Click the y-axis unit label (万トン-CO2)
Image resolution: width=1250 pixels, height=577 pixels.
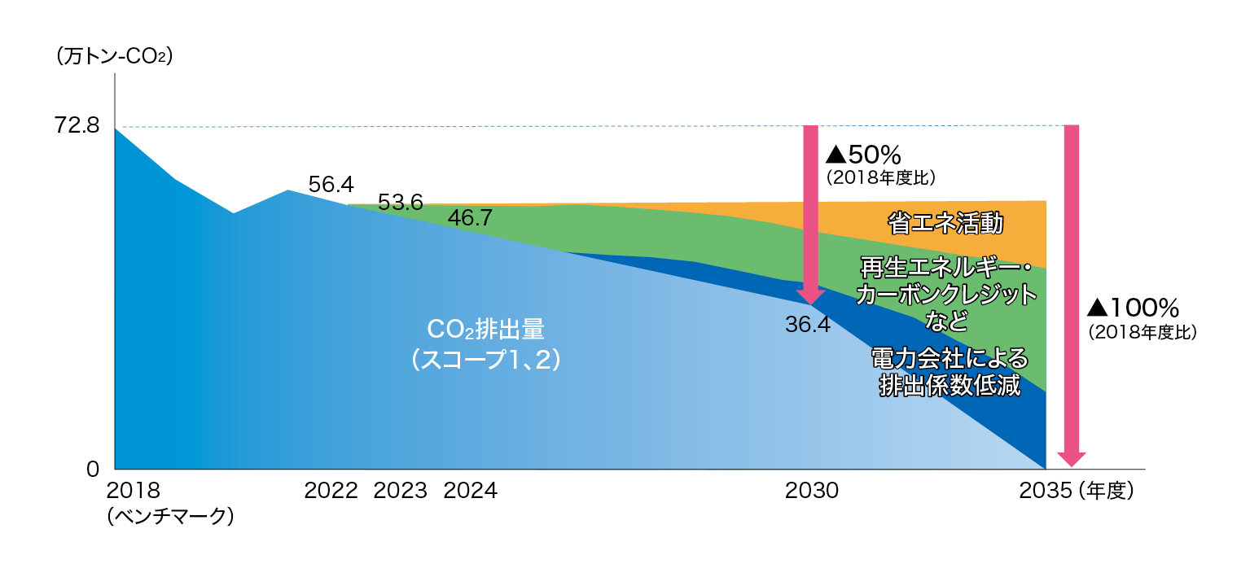pos(114,56)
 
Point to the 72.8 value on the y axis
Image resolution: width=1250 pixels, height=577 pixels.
pos(77,125)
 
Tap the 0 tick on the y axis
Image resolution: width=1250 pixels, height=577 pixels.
pos(93,470)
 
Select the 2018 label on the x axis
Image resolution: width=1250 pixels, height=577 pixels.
pos(134,491)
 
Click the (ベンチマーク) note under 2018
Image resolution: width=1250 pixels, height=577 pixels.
pos(170,516)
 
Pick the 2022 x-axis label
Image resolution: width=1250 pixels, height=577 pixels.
pos(331,491)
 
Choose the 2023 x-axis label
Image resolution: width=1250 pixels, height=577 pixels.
pos(400,491)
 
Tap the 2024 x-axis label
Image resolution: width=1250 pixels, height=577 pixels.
pos(471,491)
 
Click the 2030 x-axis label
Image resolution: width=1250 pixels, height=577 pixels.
pos(812,491)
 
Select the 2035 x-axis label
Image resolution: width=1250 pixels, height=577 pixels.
pos(1046,491)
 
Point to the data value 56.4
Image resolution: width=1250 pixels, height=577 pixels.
pos(331,185)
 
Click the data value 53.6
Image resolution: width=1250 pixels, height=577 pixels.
pos(400,202)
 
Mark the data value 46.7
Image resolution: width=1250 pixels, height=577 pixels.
pos(470,218)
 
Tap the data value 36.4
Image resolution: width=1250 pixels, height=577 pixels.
pos(808,325)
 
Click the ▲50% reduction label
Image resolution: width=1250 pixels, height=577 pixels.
pos(863,155)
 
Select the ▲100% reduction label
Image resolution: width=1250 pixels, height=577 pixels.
pos(1134,308)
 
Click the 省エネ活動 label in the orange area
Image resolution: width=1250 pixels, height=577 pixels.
pos(945,223)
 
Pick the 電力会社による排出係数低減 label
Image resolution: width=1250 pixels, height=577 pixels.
pos(950,372)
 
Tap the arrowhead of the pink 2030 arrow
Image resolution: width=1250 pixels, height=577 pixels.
pos(811,297)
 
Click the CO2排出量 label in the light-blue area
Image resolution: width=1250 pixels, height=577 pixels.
pos(485,329)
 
